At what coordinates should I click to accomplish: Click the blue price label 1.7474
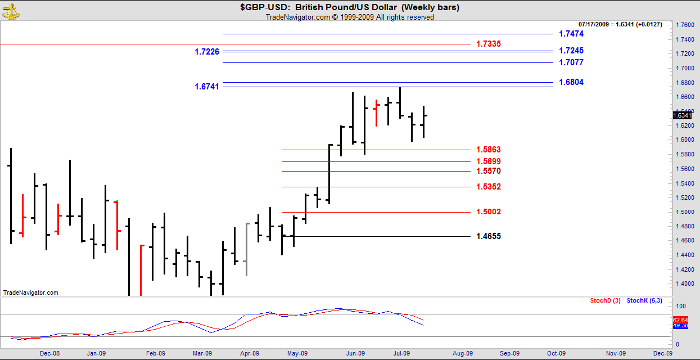click(571, 34)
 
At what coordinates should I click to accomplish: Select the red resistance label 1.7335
click(488, 44)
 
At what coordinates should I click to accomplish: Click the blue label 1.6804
click(571, 83)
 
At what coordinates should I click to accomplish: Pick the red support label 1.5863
click(488, 150)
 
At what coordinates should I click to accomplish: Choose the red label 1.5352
click(488, 187)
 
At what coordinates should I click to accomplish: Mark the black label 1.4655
click(488, 237)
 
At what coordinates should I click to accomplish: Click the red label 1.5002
click(488, 212)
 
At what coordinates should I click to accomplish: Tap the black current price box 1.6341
click(682, 115)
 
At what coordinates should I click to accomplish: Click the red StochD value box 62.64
click(680, 320)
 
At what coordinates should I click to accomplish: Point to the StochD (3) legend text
click(605, 301)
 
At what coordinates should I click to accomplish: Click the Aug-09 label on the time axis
click(462, 354)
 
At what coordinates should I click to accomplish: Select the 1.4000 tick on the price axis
click(684, 284)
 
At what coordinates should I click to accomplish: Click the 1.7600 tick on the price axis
click(684, 25)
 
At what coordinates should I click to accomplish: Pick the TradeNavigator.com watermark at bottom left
click(30, 292)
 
